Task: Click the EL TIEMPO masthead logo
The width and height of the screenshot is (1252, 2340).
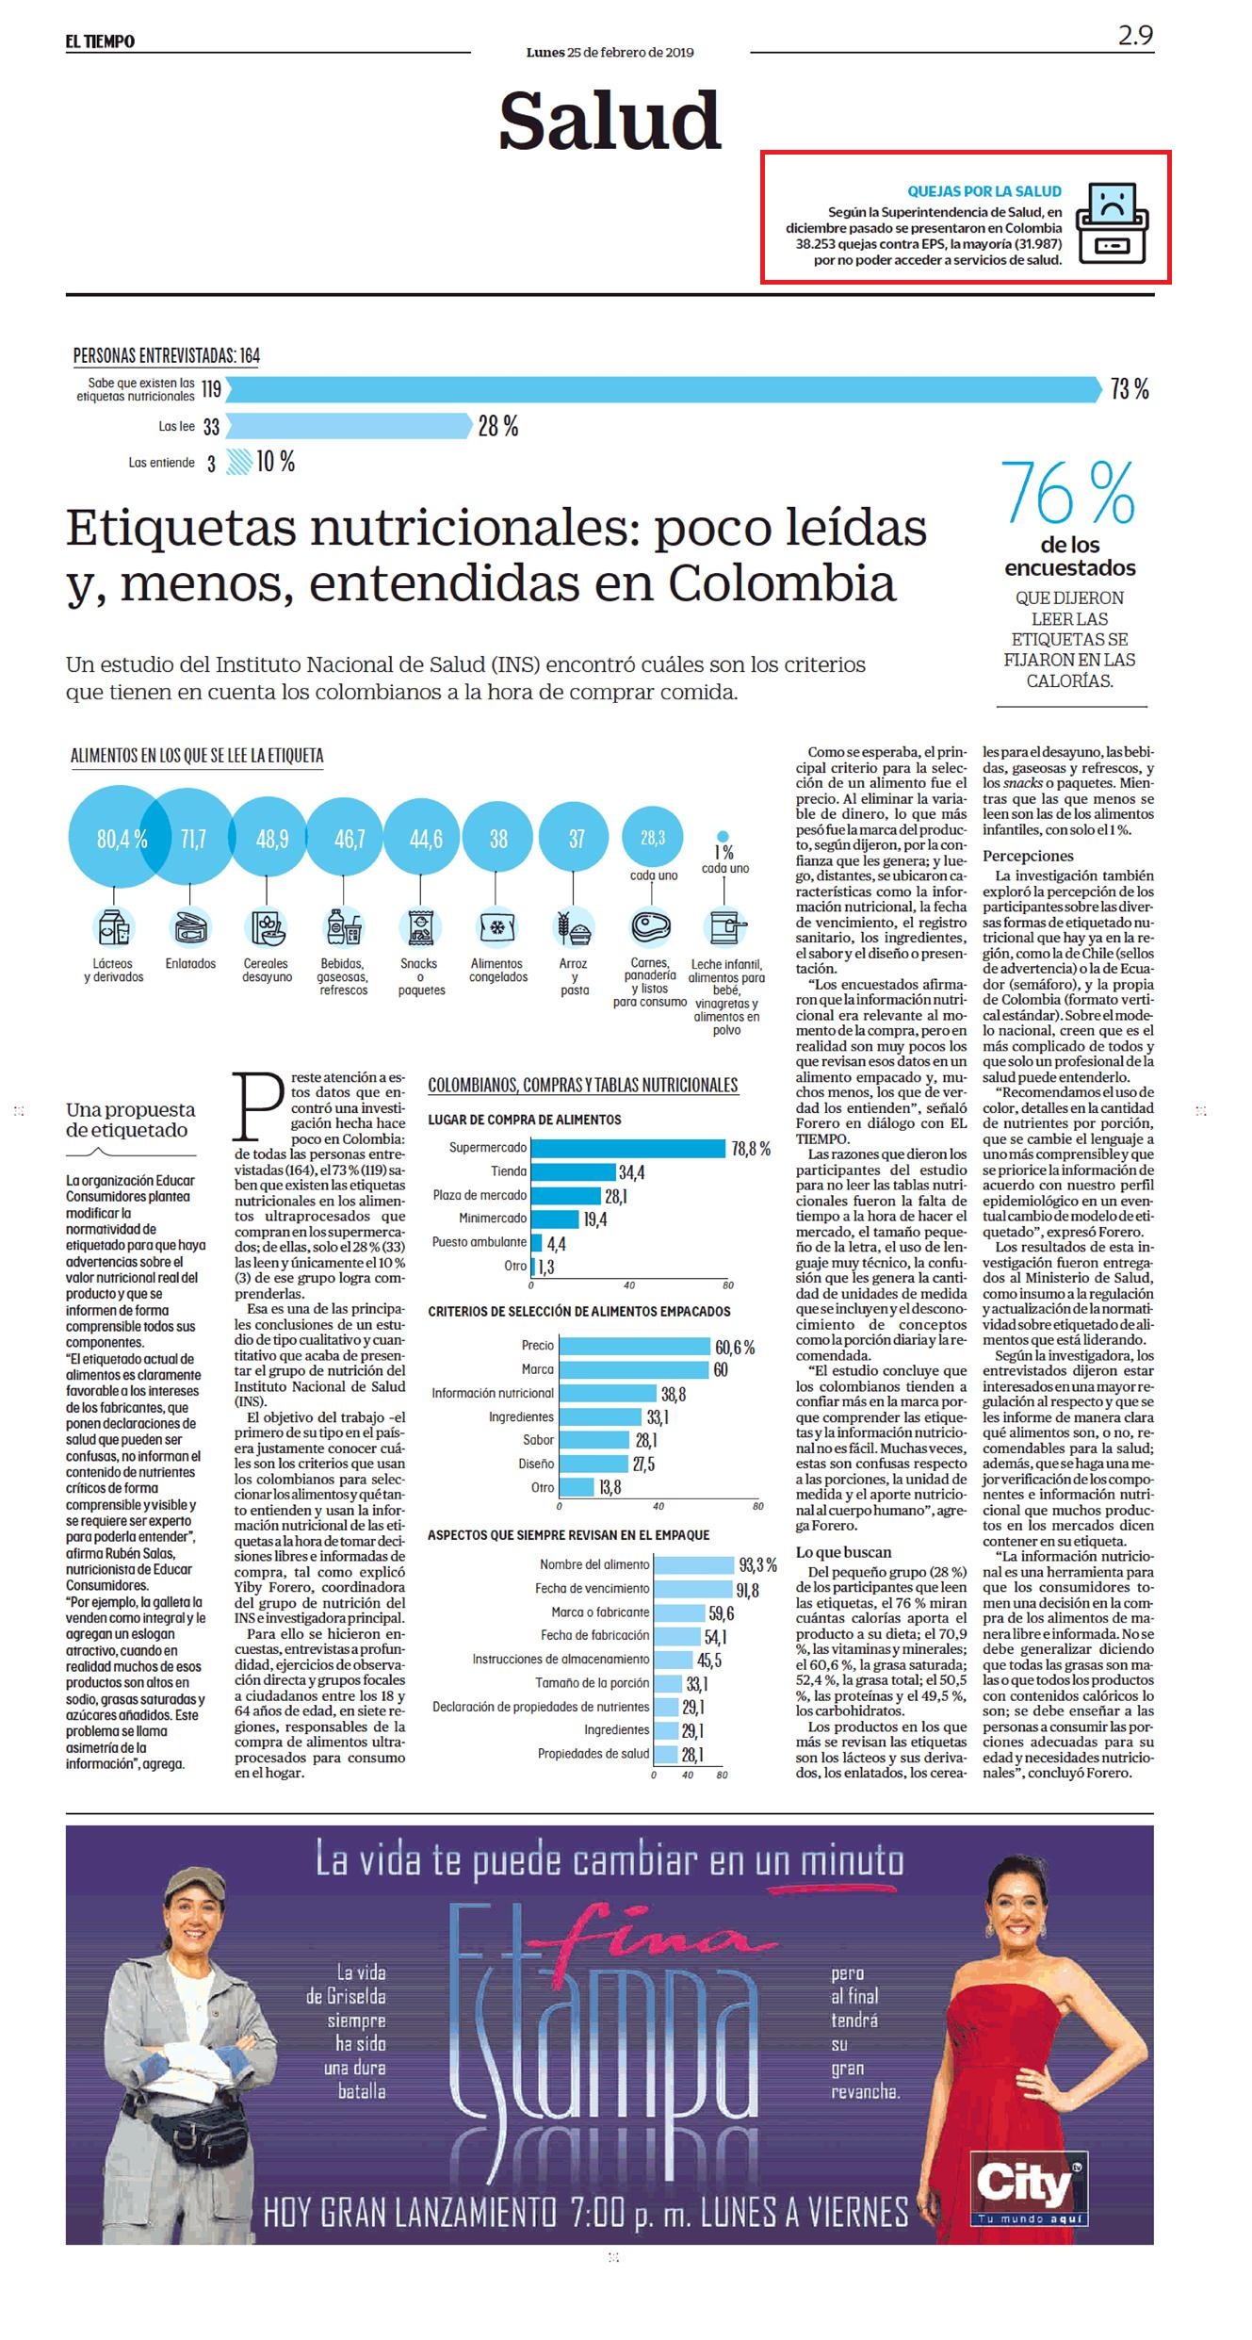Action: (x=100, y=41)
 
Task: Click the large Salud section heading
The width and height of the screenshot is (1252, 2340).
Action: (x=610, y=121)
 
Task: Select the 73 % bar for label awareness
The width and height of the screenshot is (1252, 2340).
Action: (x=663, y=388)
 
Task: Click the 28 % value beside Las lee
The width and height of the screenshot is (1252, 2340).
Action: (x=498, y=426)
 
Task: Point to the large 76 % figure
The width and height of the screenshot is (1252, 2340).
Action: (x=1068, y=493)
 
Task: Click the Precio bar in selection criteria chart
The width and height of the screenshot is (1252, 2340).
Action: (x=635, y=1346)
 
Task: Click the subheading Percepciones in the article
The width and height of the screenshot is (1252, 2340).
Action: (x=1028, y=856)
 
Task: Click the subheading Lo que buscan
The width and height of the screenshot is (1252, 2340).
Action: (x=843, y=1552)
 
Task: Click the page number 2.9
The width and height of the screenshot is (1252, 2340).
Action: (x=1135, y=36)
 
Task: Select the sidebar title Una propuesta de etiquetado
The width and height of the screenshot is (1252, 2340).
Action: (x=131, y=1120)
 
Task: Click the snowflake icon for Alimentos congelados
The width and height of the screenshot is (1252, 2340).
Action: (x=496, y=927)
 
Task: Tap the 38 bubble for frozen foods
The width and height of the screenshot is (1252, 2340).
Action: (x=498, y=838)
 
